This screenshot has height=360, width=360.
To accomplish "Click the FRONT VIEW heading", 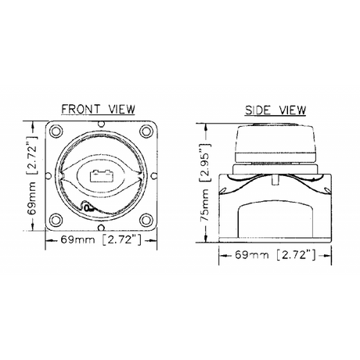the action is click(x=98, y=109).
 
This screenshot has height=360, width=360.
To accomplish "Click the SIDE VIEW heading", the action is click(x=275, y=110).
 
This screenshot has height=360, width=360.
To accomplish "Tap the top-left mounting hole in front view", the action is click(x=56, y=131).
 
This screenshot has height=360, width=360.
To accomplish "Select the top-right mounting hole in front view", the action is click(x=146, y=131).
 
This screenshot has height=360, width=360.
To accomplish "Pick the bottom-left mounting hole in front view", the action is click(x=56, y=220).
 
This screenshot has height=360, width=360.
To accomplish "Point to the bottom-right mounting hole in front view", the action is click(x=146, y=220).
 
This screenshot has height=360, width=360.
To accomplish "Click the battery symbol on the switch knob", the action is click(x=101, y=176).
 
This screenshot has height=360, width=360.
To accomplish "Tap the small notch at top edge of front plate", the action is click(x=101, y=124).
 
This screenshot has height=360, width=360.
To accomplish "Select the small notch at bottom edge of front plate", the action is click(x=101, y=228).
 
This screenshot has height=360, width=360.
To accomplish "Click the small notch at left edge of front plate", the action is click(x=49, y=175).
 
